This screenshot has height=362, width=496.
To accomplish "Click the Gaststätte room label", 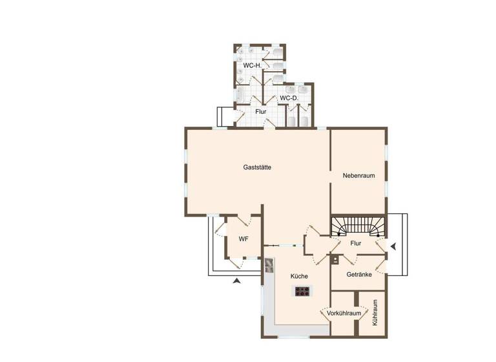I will (256, 167).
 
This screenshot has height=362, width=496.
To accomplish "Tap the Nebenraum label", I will (359, 175).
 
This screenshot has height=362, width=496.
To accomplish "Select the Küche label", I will (299, 276).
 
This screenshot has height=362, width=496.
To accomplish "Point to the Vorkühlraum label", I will (344, 313).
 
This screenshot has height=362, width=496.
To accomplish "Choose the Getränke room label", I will (359, 274).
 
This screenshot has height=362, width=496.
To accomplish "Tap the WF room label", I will (243, 239).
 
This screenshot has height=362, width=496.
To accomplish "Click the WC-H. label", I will (252, 66).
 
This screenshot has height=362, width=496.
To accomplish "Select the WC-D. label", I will (288, 98).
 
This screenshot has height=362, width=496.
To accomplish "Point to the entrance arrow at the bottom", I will (237, 280).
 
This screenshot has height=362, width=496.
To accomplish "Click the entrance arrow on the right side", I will (394, 245).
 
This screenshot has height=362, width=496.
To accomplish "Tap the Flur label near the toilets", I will (260, 112).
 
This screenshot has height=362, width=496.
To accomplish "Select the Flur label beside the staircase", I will (355, 244).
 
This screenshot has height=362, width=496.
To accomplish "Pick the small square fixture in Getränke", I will (336, 261).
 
